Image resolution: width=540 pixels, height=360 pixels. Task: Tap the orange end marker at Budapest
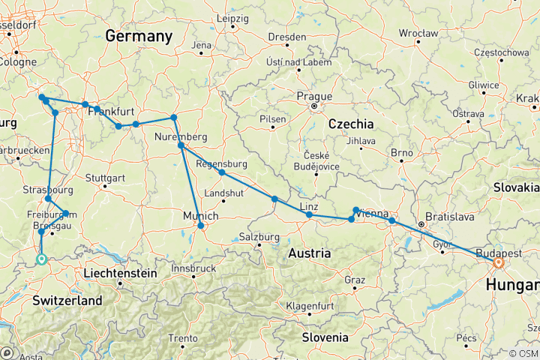point(498,262)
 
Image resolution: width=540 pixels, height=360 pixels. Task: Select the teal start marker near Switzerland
point(41,259)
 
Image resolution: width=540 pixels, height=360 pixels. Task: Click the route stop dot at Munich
point(200,225)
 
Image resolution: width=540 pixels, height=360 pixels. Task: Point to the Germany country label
point(139,36)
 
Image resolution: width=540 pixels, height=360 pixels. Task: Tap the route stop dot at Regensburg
point(222,172)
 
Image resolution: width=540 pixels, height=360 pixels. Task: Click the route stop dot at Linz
point(309,215)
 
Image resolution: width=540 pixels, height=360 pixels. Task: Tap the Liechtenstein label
point(121,273)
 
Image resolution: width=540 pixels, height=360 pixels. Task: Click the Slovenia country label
point(326,337)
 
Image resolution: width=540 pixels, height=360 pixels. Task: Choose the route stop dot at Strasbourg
point(48,199)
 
